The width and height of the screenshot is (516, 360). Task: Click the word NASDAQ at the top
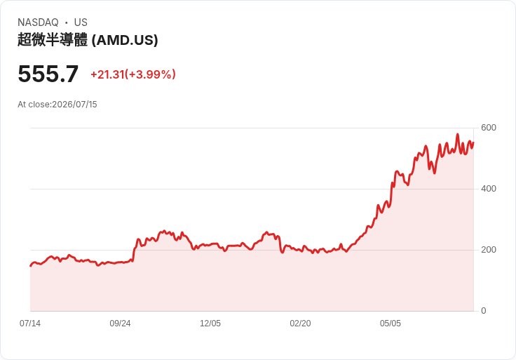[38, 22]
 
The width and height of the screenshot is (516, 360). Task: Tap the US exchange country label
[81, 22]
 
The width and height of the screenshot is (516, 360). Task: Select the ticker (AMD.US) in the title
[125, 40]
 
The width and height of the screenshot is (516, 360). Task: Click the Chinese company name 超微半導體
[53, 40]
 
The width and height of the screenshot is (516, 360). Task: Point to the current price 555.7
[48, 74]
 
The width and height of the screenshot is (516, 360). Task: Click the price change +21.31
[107, 74]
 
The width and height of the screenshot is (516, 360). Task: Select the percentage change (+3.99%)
[151, 74]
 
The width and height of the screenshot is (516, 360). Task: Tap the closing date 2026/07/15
[75, 105]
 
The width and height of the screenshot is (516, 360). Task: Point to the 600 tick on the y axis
[489, 128]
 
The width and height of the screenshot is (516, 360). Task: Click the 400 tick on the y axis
[489, 189]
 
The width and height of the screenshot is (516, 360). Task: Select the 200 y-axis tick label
[489, 250]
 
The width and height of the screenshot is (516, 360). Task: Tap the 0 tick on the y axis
[484, 311]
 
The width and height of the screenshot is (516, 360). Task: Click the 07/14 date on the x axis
[30, 324]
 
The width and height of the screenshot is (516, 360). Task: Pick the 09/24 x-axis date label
[120, 324]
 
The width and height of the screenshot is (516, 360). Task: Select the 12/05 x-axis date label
[210, 324]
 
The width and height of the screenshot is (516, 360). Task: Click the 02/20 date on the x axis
[300, 324]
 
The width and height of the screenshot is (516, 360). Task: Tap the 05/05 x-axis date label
[391, 324]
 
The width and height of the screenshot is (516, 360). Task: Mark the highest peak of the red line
[457, 134]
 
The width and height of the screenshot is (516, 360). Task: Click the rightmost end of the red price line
[473, 142]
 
